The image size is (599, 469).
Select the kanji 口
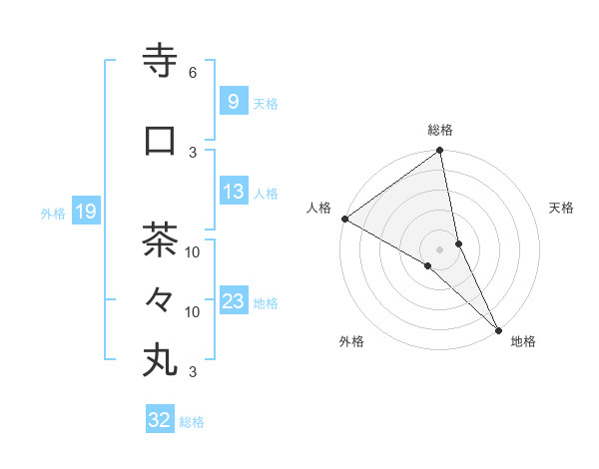pos(160,141)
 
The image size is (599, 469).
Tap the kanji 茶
pos(160,240)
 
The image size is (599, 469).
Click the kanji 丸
pos(160,359)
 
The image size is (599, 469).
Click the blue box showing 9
pos(233,102)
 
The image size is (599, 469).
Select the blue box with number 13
pos(233,192)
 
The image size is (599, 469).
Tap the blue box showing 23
pos(233,301)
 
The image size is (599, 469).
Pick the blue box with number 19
pos(86,212)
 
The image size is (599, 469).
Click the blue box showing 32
pos(160,420)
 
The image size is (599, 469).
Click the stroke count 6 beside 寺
pos(193,73)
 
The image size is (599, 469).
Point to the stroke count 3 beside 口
pos(193,152)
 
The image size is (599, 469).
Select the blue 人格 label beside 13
pos(266,193)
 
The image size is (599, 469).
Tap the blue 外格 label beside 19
pos(53,213)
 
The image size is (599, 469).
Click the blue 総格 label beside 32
pos(192,422)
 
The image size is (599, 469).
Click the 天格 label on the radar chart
pos(562,208)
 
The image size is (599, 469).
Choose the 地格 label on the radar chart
pos(523,341)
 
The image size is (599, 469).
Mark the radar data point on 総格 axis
pos(439,152)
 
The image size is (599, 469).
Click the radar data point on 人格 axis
pos(344,219)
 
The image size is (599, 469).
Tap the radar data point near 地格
pos(497,328)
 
